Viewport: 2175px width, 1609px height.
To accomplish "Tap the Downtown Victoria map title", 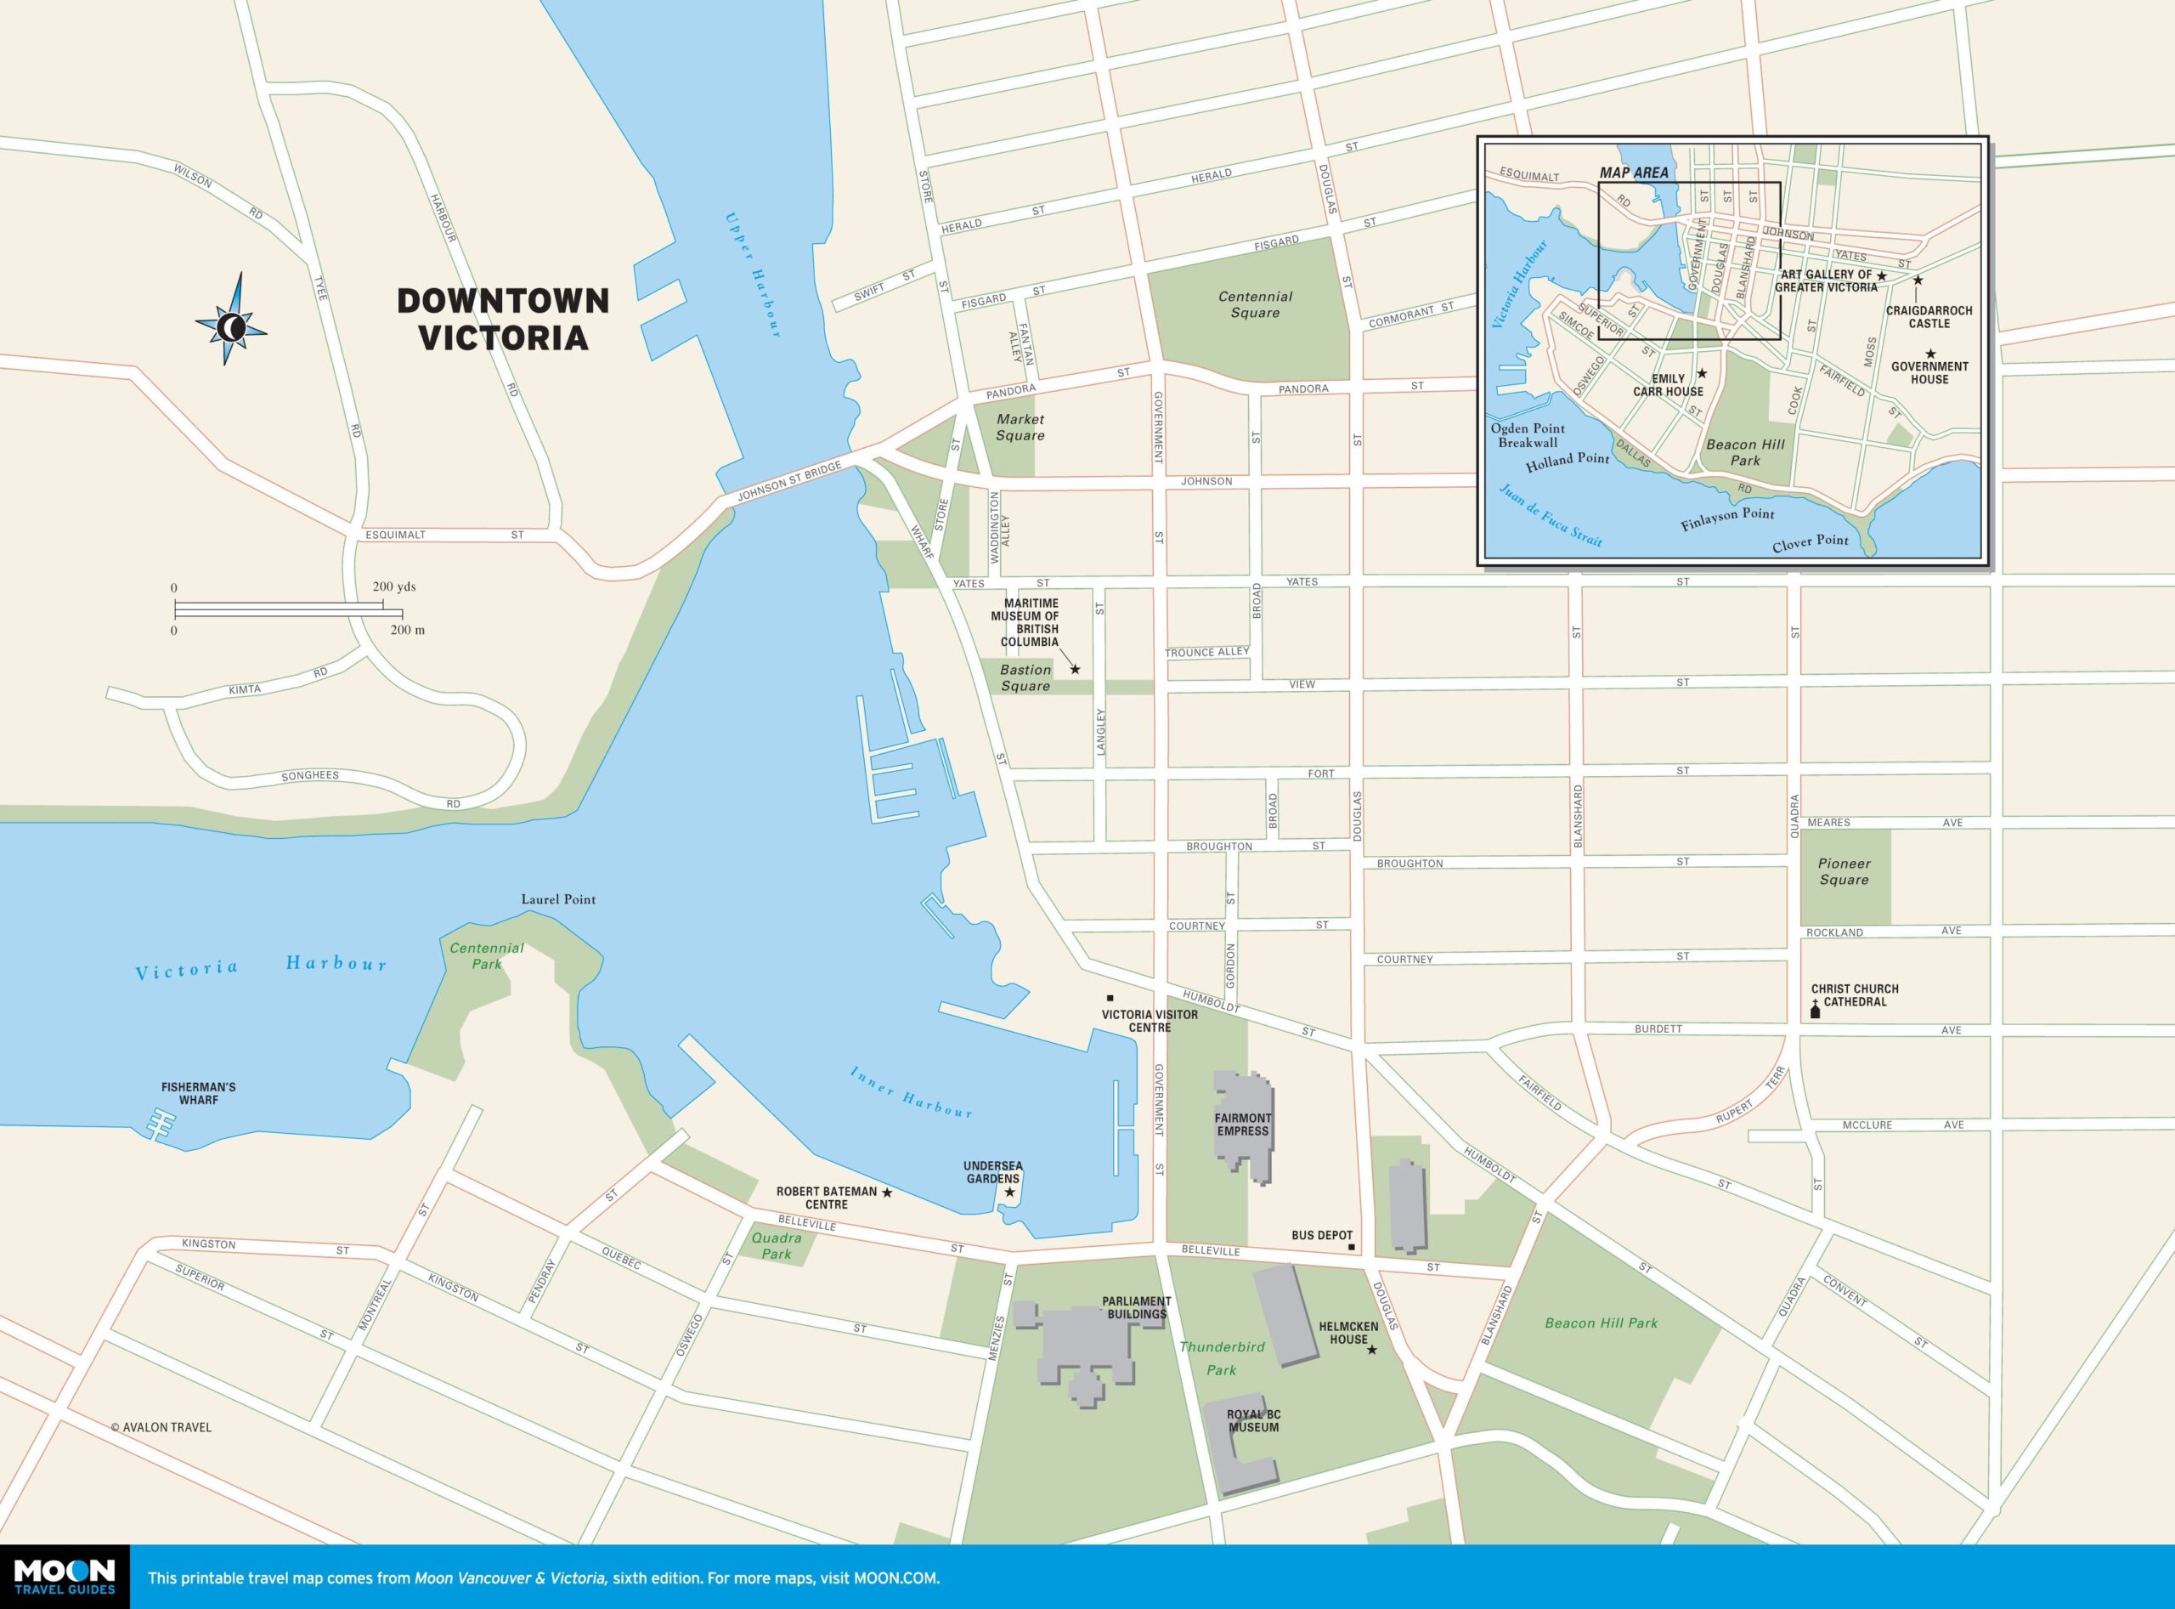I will click(502, 319).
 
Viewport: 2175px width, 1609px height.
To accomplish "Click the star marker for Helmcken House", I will click(1372, 1350).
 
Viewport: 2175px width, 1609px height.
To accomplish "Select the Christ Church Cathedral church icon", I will click(1815, 1013).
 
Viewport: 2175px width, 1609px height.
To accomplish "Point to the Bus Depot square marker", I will click(1352, 1247).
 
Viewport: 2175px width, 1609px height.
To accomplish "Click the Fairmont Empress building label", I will click(1242, 1124).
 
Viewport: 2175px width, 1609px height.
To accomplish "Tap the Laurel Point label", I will click(558, 899).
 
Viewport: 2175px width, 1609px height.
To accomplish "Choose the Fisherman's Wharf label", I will click(199, 1093).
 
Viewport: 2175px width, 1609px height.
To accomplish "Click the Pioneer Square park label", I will click(1844, 870).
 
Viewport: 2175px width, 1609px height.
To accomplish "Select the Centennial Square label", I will click(1255, 304).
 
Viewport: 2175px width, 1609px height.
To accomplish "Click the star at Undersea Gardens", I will click(1009, 1193).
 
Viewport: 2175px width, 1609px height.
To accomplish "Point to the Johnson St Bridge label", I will click(788, 483).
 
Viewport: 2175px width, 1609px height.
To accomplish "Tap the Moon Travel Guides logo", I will click(65, 1575).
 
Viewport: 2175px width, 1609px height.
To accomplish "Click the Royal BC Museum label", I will click(1253, 1421).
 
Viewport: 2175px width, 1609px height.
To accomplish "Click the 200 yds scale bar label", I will click(393, 587).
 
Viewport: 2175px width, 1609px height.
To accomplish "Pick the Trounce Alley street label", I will click(1207, 652).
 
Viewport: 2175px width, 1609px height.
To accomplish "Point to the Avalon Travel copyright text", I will click(161, 1427).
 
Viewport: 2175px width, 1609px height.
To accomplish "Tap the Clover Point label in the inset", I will click(1810, 541).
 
